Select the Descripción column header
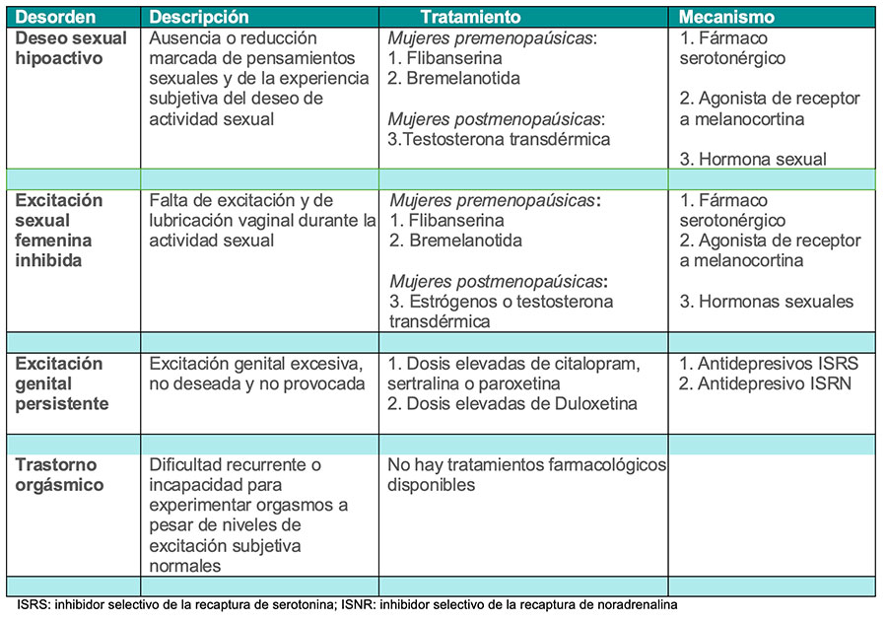point(199,18)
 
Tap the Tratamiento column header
point(470,18)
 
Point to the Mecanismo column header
point(726,18)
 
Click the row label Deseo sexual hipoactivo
point(71,48)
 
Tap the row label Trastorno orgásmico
point(60,475)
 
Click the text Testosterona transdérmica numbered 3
point(499,139)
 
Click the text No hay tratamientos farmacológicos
point(526,464)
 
